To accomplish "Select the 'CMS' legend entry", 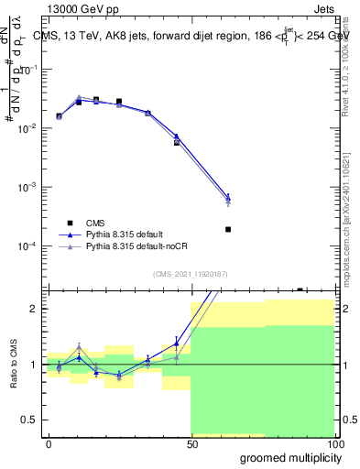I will coord(94,222).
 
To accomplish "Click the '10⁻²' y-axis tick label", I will coord(30,128).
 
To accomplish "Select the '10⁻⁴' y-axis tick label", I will coord(30,245).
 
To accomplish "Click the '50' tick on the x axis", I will coord(191,444).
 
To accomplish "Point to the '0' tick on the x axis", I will coord(49,444).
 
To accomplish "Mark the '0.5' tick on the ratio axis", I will coord(32,420).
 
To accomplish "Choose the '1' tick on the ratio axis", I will coord(36,365).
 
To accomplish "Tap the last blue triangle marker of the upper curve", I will coord(228,196).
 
